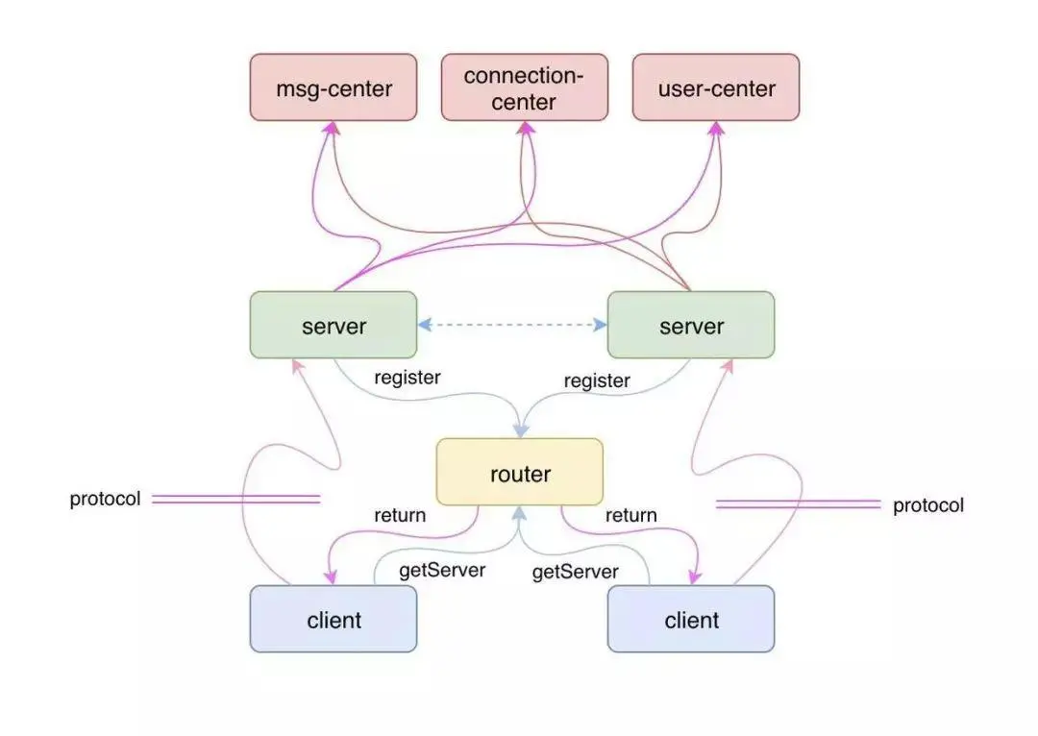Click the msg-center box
[x=333, y=87]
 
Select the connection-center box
[x=525, y=87]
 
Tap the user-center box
[x=716, y=87]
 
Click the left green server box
[x=333, y=325]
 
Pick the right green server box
[x=690, y=325]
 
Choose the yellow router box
[x=520, y=472]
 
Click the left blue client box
[x=333, y=619]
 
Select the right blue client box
[x=690, y=619]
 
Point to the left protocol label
[x=106, y=499]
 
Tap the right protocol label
[x=928, y=505]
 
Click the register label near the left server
[x=408, y=378]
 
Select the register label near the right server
[x=597, y=381]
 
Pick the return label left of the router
[x=400, y=515]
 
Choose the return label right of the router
[x=630, y=515]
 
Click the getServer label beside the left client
[x=442, y=570]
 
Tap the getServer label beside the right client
[x=576, y=572]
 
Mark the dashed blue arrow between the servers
[x=512, y=325]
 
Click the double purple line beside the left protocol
[x=235, y=499]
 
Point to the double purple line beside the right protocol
[x=799, y=505]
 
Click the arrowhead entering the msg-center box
[x=331, y=128]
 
